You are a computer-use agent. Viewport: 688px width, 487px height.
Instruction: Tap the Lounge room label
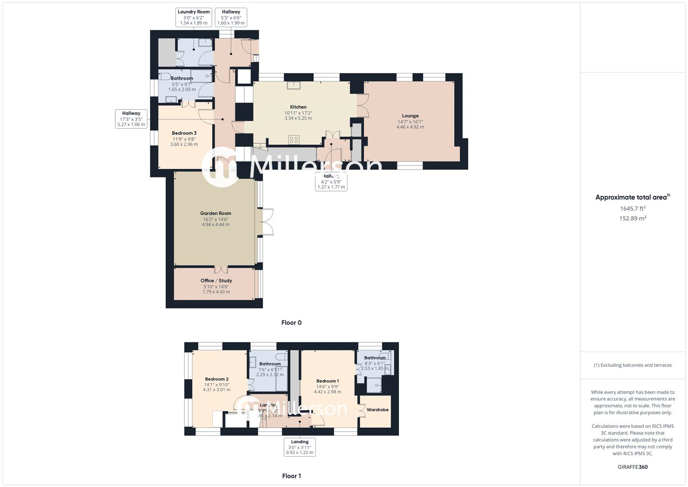[410, 116]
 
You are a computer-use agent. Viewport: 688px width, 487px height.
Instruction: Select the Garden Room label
[215, 213]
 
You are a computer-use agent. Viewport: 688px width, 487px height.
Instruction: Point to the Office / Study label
[216, 280]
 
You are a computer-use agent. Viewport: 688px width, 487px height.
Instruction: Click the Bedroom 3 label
[184, 133]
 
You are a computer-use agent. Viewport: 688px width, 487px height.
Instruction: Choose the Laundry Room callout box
[194, 17]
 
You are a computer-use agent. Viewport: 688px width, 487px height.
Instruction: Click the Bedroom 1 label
[327, 381]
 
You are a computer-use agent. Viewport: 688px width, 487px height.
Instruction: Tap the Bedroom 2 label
[217, 379]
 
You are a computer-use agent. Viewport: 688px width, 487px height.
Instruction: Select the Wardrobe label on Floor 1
[377, 410]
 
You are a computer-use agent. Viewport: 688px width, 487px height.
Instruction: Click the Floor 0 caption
[292, 322]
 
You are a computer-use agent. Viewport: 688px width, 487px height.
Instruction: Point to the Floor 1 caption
[292, 476]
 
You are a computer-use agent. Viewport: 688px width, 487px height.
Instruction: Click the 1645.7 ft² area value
[633, 208]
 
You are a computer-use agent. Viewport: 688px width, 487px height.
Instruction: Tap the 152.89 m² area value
[633, 218]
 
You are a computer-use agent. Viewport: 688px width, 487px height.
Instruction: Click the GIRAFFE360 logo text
[633, 467]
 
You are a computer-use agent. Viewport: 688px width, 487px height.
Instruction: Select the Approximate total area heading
[632, 197]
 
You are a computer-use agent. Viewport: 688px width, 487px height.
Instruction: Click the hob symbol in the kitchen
[294, 140]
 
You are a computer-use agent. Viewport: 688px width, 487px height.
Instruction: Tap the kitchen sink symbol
[294, 85]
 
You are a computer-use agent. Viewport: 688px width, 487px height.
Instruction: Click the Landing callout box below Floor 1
[300, 447]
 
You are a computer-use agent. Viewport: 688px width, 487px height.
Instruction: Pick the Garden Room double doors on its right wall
[267, 221]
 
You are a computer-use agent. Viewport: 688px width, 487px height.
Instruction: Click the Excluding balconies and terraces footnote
[633, 365]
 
